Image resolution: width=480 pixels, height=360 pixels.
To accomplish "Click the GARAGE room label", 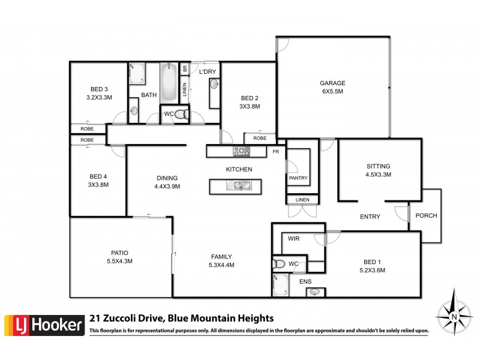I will pyautogui.click(x=331, y=83).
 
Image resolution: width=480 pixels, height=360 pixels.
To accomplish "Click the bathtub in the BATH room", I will pyautogui.click(x=169, y=83).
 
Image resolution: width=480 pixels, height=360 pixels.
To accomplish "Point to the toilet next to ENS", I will pyautogui.click(x=280, y=263).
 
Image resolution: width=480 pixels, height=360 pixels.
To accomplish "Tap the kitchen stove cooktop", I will pyautogui.click(x=241, y=151).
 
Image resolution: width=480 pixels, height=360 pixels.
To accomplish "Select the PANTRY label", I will pyautogui.click(x=298, y=178).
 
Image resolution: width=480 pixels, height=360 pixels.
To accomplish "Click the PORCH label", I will pyautogui.click(x=426, y=216).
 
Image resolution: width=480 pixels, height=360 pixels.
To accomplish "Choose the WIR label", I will pyautogui.click(x=293, y=239).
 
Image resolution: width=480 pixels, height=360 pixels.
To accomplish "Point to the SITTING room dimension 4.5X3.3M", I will pyautogui.click(x=378, y=175).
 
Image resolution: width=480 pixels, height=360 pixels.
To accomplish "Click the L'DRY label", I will pyautogui.click(x=208, y=72).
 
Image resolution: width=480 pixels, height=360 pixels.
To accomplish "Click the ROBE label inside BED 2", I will pyautogui.click(x=259, y=138).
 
